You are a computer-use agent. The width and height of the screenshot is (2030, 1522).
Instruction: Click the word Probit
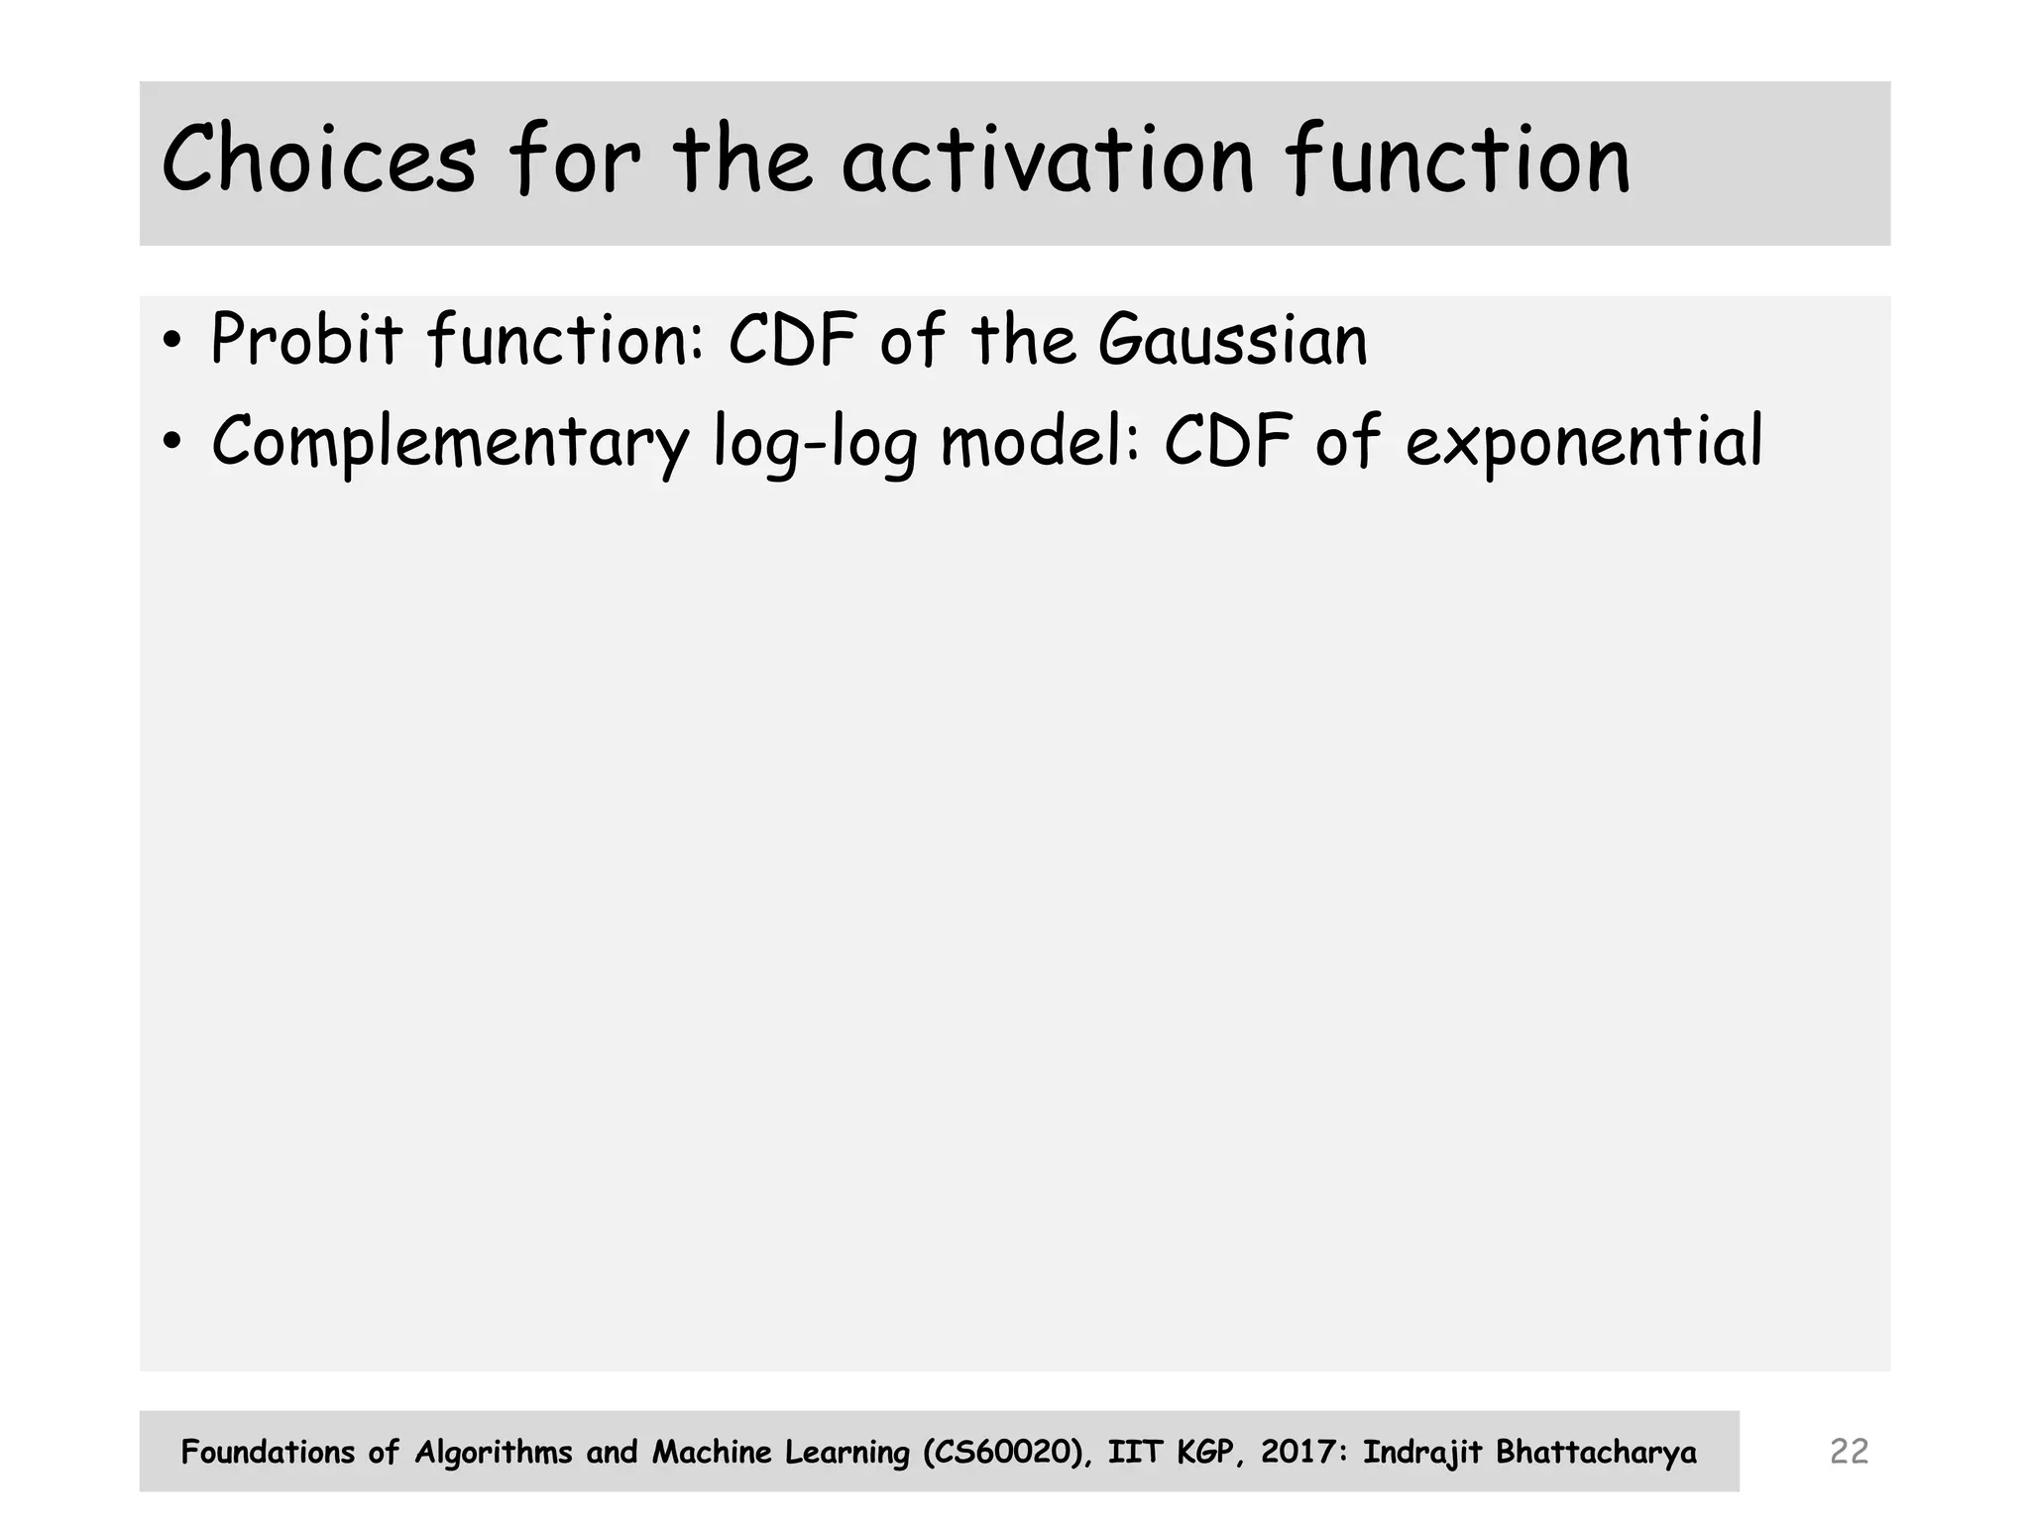tap(306, 340)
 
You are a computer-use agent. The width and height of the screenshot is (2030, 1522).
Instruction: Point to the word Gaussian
tap(1233, 340)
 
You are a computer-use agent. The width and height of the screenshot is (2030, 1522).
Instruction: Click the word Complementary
tap(450, 441)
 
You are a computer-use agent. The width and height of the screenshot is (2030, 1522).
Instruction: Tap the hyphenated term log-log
tap(815, 443)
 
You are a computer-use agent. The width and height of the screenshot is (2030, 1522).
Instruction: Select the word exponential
tap(1584, 443)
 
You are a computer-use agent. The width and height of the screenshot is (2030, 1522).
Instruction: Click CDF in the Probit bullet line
tap(792, 340)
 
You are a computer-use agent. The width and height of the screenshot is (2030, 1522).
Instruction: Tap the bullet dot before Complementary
tap(172, 443)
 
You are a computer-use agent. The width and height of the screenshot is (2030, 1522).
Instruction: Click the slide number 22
tap(1849, 1452)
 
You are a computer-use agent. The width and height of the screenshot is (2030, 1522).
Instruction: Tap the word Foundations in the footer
tap(268, 1453)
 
